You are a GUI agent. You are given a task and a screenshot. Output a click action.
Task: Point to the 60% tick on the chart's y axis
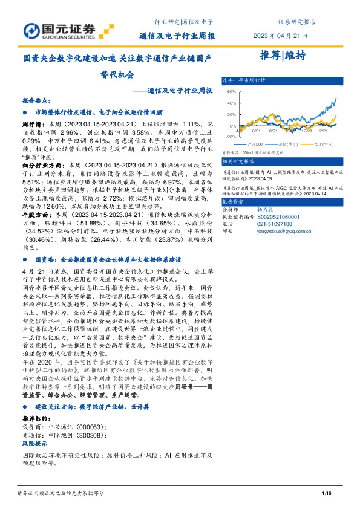231,92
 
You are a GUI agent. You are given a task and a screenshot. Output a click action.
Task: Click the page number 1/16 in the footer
327,494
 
